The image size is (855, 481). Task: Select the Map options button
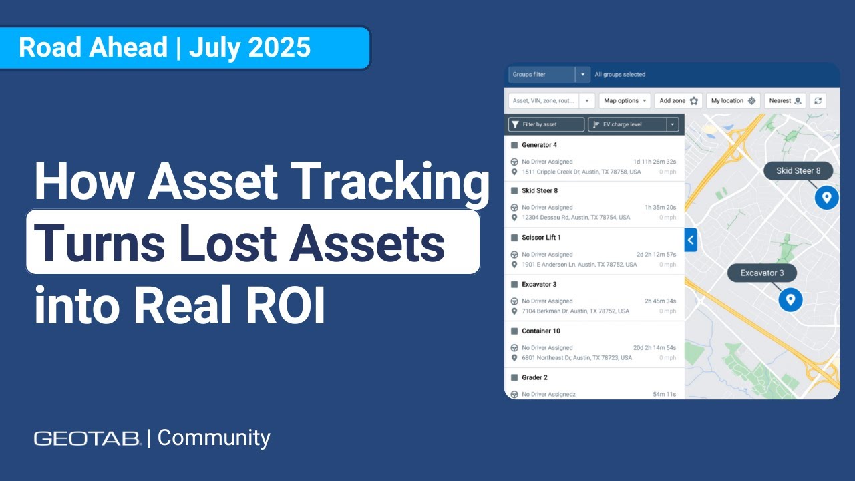(x=625, y=101)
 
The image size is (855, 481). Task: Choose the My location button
(x=733, y=101)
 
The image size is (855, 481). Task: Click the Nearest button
(x=785, y=101)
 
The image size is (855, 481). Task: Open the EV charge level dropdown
(x=633, y=124)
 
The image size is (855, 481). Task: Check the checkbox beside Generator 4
(x=514, y=145)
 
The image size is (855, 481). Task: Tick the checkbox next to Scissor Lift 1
(x=514, y=238)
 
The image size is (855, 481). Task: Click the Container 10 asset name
(x=540, y=331)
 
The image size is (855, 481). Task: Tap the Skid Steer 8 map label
(x=798, y=171)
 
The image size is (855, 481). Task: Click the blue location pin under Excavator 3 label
(x=790, y=300)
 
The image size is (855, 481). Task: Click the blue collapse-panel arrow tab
(x=691, y=240)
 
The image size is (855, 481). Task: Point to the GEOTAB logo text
(x=87, y=438)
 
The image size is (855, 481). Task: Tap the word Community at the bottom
(x=214, y=438)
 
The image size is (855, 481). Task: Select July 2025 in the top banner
(x=250, y=48)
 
